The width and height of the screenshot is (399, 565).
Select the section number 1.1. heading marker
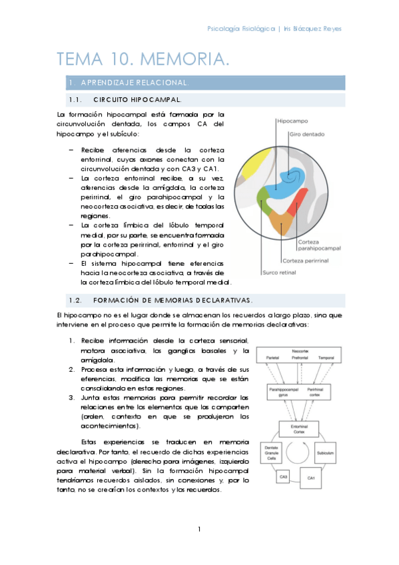pos(75,100)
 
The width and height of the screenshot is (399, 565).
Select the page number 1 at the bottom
pos(199,530)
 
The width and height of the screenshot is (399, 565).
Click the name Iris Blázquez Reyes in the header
pos(313,29)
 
